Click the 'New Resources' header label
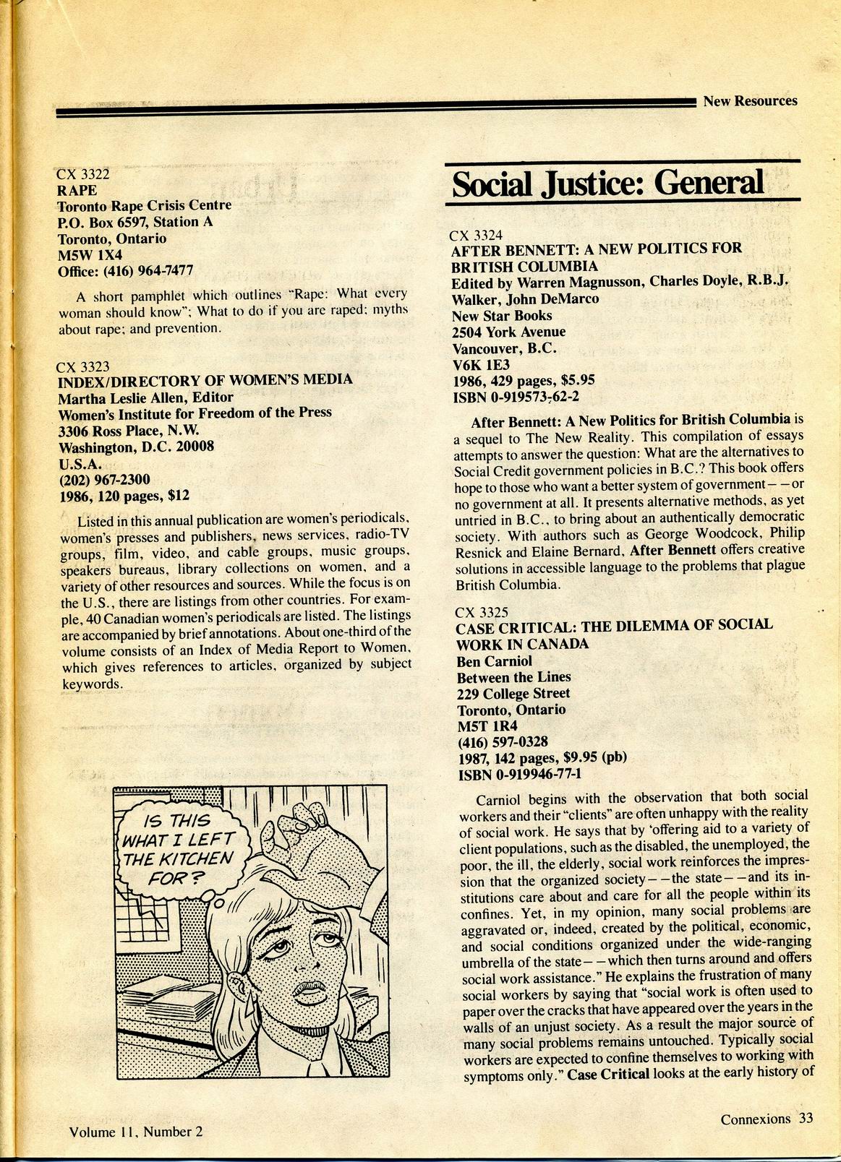click(750, 101)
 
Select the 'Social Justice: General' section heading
click(607, 183)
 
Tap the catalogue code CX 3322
click(83, 174)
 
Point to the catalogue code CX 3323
click(83, 366)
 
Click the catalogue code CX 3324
click(476, 235)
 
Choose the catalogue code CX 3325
click(482, 612)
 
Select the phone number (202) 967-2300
click(104, 479)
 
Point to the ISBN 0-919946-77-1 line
click(520, 775)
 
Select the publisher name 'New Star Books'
click(501, 316)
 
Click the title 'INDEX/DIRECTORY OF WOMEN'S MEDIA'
click(205, 380)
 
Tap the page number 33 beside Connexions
click(806, 1119)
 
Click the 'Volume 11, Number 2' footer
click(136, 1132)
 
